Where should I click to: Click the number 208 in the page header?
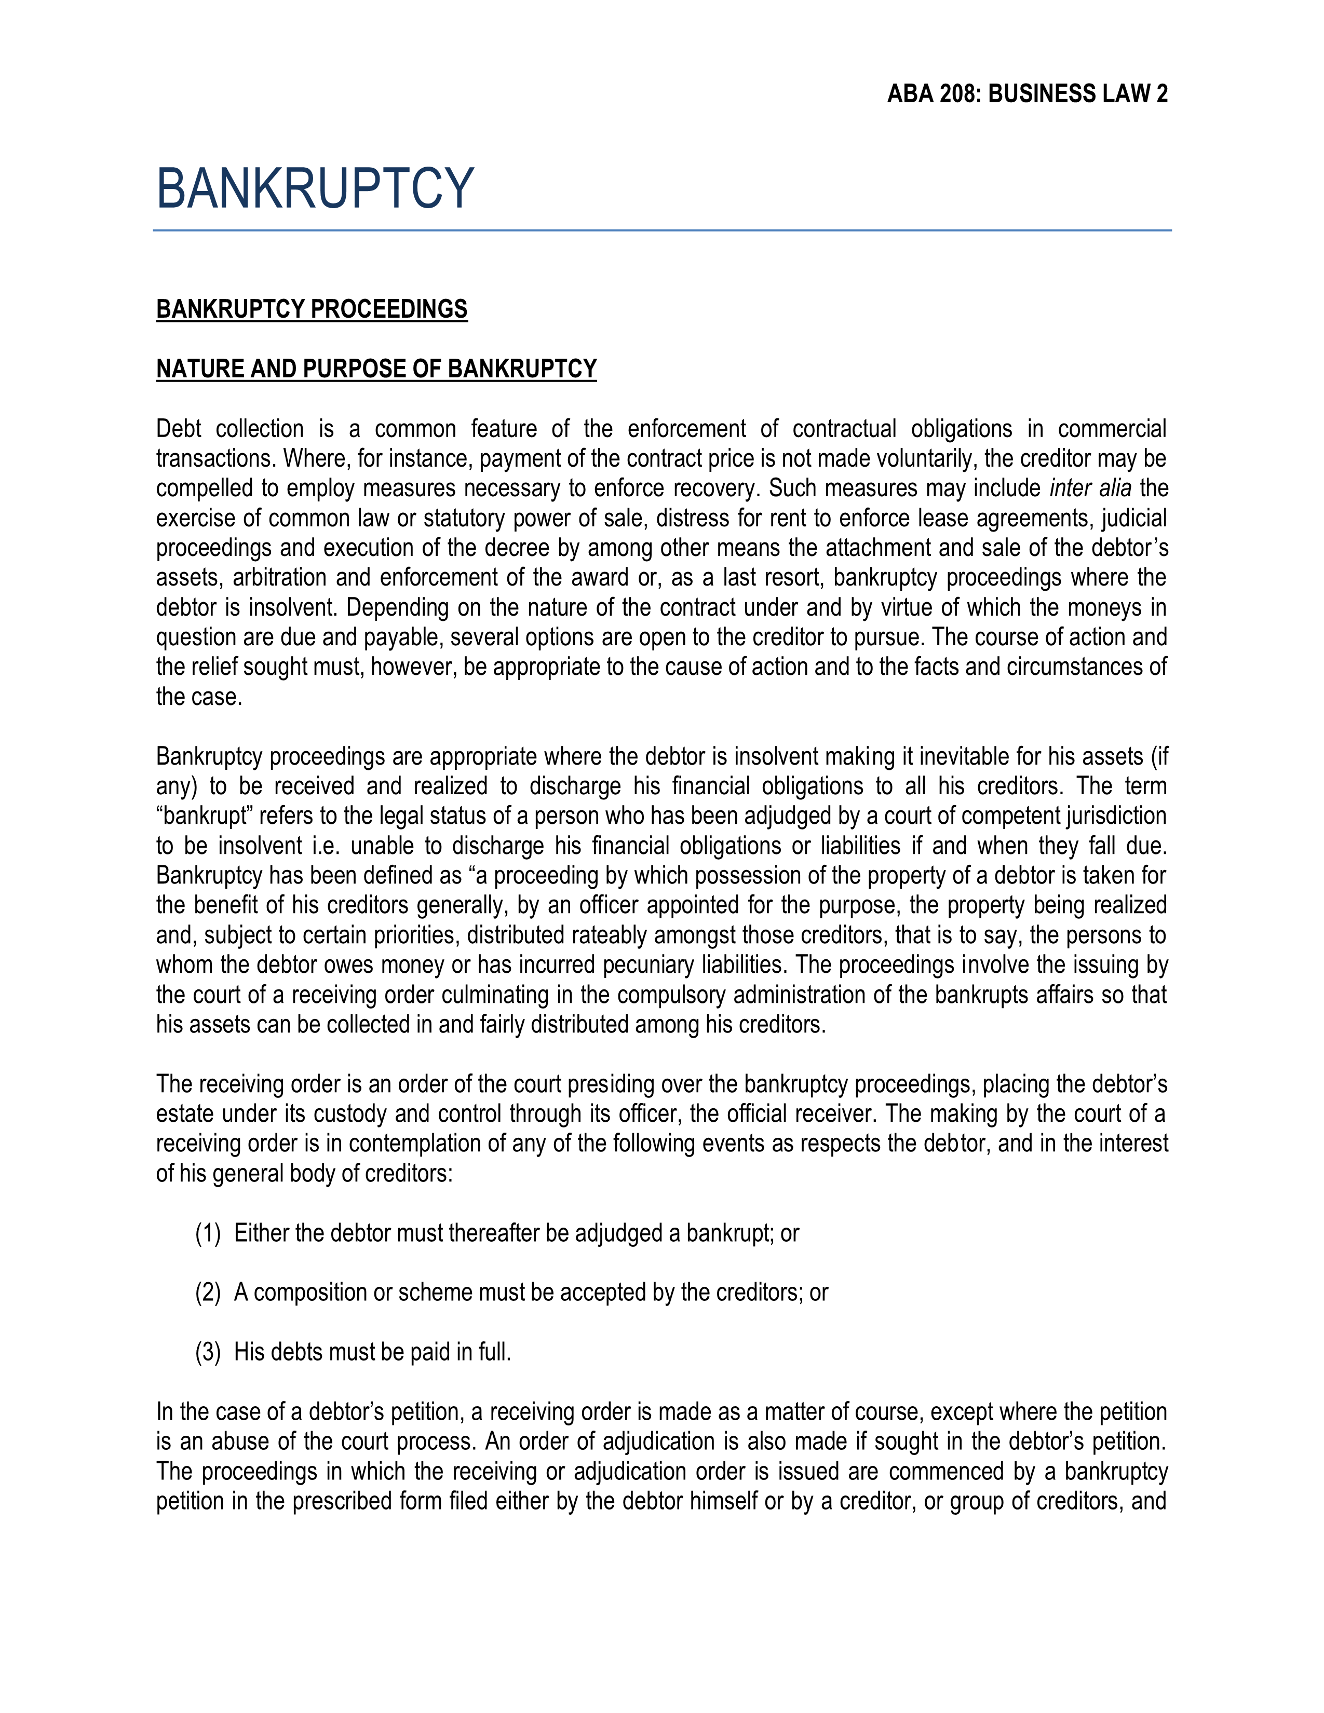coord(958,94)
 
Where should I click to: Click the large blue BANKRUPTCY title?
coord(315,188)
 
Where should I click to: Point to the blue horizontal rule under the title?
coord(662,230)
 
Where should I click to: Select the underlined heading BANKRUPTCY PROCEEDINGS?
coord(312,309)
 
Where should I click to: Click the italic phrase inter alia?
coord(1089,488)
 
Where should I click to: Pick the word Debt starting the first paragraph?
coord(179,429)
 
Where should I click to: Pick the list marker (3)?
coord(208,1352)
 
